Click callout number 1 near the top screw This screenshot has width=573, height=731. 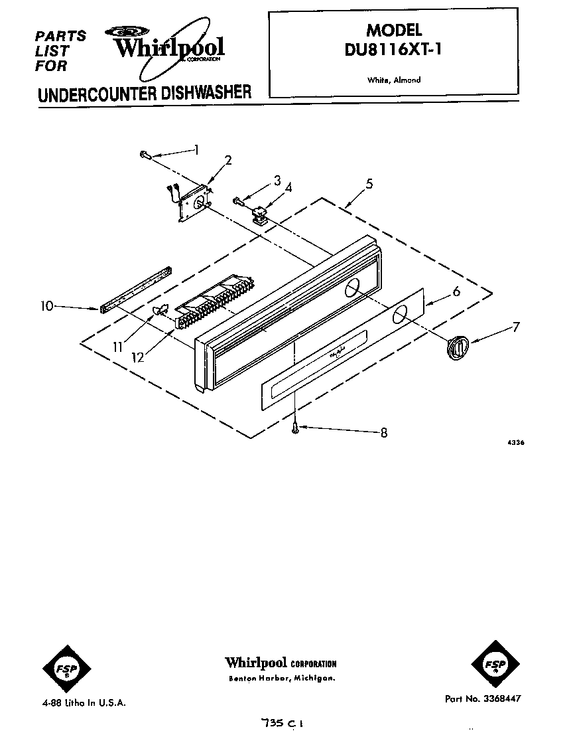196,149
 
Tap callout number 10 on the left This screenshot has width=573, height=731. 46,306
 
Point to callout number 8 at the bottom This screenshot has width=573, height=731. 383,433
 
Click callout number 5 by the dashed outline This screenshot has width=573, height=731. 369,183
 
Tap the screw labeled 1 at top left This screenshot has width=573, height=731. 145,155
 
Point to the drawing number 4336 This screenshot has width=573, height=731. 515,442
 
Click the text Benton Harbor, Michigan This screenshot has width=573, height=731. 281,679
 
